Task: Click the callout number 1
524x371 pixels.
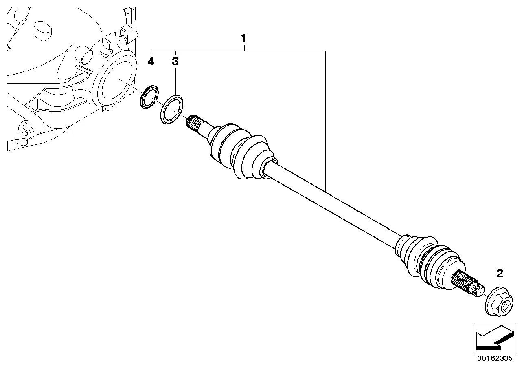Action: (x=243, y=39)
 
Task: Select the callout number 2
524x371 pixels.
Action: (x=500, y=273)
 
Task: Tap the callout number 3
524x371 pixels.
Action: (x=175, y=62)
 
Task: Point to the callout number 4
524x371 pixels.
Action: (x=151, y=62)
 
